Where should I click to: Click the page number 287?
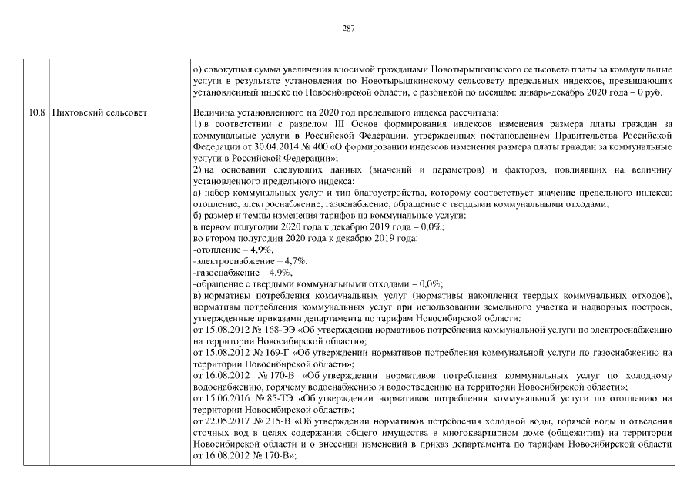(348, 28)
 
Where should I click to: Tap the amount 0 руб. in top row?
(657, 92)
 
